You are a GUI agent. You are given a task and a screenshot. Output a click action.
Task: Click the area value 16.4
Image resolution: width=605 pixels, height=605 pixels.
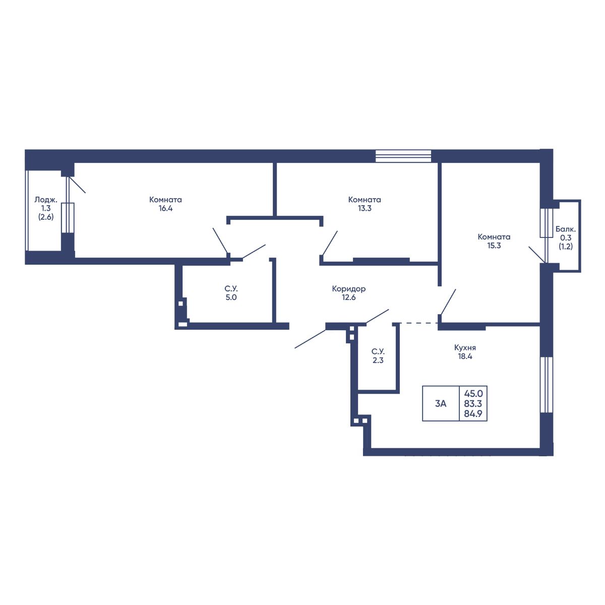pos(165,208)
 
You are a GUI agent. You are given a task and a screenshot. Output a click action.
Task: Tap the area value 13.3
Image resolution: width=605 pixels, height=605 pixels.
pos(365,208)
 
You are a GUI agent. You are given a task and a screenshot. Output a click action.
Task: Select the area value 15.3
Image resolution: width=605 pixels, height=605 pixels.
pos(494,246)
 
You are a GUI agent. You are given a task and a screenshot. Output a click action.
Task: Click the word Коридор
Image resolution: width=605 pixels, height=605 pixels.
pos(348,289)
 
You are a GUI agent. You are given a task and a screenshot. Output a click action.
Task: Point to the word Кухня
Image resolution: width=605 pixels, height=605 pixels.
pos(465,348)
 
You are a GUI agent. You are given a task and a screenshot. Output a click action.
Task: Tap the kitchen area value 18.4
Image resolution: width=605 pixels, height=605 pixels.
pos(465,356)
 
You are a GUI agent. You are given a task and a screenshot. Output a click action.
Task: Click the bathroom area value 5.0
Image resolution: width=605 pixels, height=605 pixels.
pos(231,297)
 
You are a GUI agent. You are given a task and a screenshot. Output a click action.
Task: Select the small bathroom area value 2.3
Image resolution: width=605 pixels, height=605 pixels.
pos(378,360)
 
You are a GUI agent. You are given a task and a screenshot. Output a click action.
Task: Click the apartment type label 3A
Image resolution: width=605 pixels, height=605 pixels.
pos(441,403)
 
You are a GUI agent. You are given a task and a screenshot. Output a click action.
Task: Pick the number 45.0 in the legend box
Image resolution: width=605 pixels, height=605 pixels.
pos(473,393)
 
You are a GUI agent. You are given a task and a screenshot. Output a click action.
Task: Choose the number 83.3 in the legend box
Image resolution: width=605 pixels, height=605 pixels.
pos(473,403)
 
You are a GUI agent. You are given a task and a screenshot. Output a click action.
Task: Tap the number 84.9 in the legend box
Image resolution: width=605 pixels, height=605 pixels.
pos(473,414)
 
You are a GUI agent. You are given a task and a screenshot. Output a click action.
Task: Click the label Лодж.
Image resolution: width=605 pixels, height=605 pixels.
pos(46,200)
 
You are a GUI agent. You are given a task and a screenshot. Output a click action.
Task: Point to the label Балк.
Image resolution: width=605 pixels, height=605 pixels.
pos(566,229)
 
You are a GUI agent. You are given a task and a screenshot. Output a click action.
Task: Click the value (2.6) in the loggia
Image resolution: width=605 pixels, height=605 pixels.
pos(46,217)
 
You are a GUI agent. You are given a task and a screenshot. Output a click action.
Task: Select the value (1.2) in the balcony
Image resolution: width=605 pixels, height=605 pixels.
pos(566,247)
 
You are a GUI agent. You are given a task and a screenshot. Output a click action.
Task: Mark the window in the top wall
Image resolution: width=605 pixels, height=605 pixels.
pos(403,156)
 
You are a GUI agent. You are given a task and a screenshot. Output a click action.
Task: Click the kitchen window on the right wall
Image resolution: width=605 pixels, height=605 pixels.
pos(547,385)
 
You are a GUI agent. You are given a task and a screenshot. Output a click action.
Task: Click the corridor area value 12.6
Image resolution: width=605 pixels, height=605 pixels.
pos(348,297)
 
